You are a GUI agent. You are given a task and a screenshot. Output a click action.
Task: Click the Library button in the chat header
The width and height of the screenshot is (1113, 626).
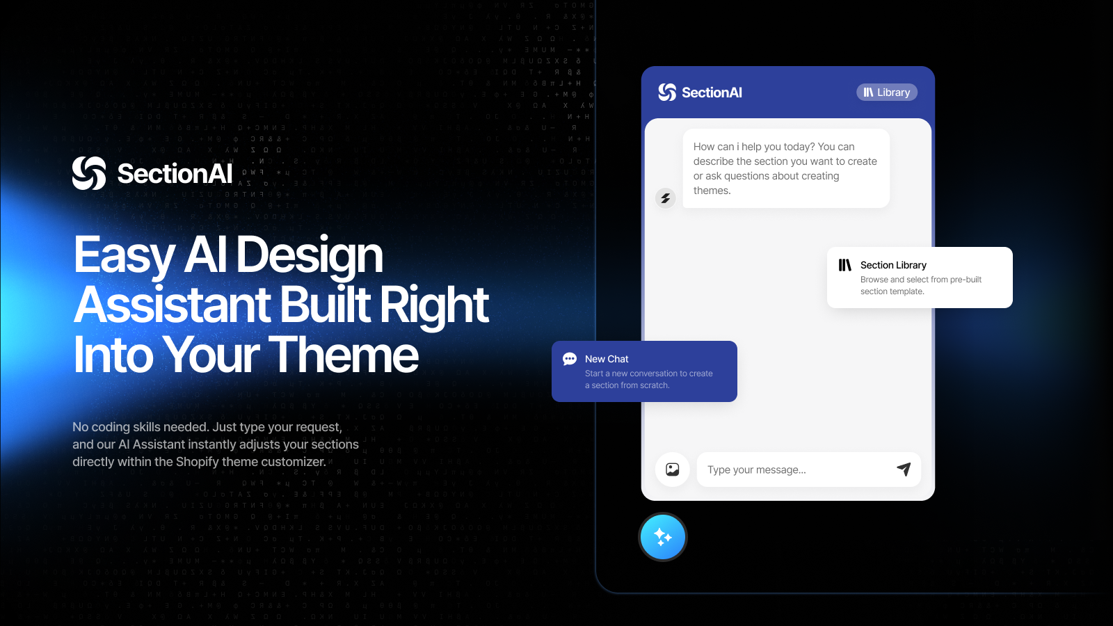pyautogui.click(x=887, y=93)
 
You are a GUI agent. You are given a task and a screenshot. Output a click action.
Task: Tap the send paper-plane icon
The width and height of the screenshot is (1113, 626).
pyautogui.click(x=904, y=469)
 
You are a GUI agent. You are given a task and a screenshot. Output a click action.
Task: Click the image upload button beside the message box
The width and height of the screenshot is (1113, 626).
pyautogui.click(x=673, y=469)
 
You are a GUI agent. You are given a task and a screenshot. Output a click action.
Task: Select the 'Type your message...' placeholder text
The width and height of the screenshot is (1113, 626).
pyautogui.click(x=757, y=470)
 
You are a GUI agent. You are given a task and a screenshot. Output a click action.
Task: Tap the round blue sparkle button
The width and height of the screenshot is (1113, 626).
pyautogui.click(x=663, y=537)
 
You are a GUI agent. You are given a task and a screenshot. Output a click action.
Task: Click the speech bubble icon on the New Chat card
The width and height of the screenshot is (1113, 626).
pyautogui.click(x=570, y=359)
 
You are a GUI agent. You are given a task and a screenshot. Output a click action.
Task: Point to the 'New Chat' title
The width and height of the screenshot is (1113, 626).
pyautogui.click(x=607, y=359)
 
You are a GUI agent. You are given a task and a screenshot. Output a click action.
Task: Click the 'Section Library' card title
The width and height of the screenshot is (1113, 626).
pyautogui.click(x=893, y=265)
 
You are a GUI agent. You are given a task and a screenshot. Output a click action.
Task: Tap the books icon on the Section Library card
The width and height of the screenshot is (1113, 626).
pyautogui.click(x=845, y=265)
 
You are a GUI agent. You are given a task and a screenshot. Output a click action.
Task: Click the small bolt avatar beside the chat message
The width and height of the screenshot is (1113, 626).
pyautogui.click(x=666, y=198)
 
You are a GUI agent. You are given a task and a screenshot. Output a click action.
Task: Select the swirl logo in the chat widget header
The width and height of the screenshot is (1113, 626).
pyautogui.click(x=667, y=93)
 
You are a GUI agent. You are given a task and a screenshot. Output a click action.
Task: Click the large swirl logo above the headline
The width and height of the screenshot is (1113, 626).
pyautogui.click(x=89, y=173)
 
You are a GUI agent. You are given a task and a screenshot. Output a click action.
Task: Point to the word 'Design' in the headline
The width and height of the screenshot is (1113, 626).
pyautogui.click(x=310, y=255)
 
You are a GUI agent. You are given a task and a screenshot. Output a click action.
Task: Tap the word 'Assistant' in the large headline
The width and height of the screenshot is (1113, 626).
pyautogui.click(x=173, y=305)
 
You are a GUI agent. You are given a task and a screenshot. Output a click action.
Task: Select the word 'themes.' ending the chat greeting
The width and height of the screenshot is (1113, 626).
pyautogui.click(x=712, y=191)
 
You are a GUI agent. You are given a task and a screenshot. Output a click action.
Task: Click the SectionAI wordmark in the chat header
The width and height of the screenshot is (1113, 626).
pyautogui.click(x=712, y=93)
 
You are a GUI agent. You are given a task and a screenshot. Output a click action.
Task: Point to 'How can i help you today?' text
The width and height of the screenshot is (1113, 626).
pyautogui.click(x=754, y=147)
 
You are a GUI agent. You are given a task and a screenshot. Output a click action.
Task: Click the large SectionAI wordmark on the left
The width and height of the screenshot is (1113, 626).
pyautogui.click(x=175, y=174)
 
